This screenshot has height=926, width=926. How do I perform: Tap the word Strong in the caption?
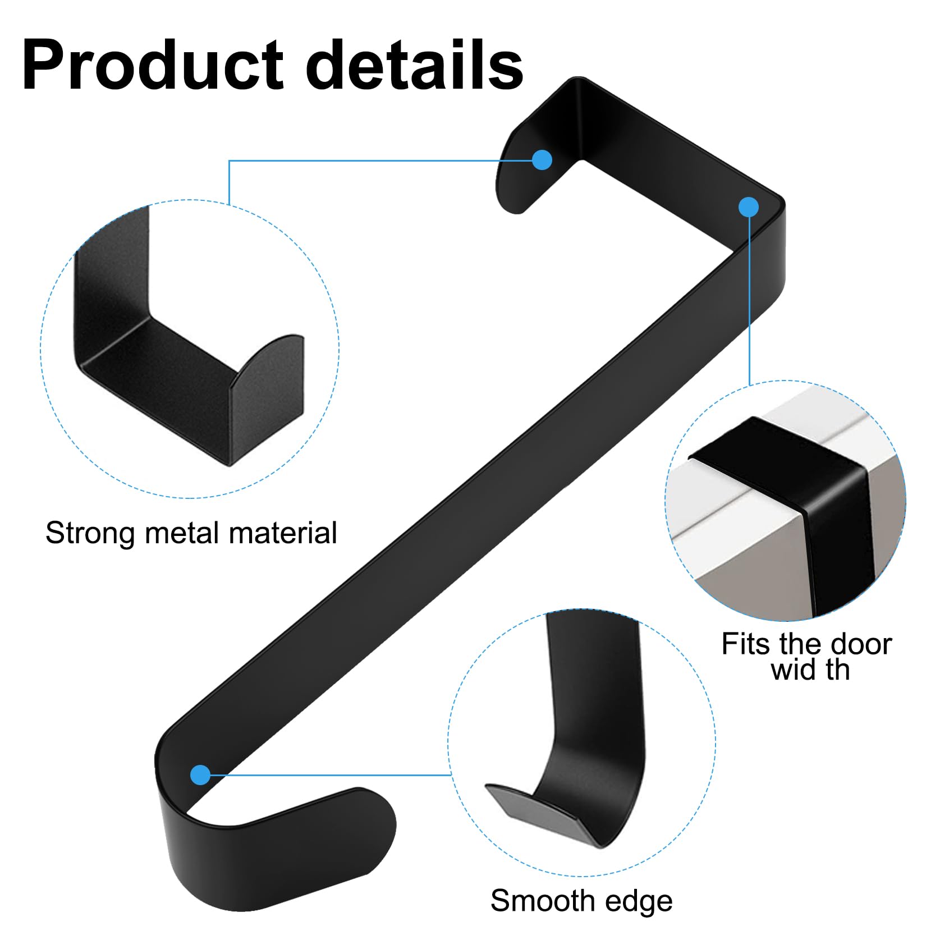[x=90, y=534]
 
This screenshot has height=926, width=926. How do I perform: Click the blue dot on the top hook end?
[x=542, y=160]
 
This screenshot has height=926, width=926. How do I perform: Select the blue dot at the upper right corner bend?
[x=749, y=207]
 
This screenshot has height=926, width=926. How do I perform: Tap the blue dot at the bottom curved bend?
[x=200, y=775]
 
